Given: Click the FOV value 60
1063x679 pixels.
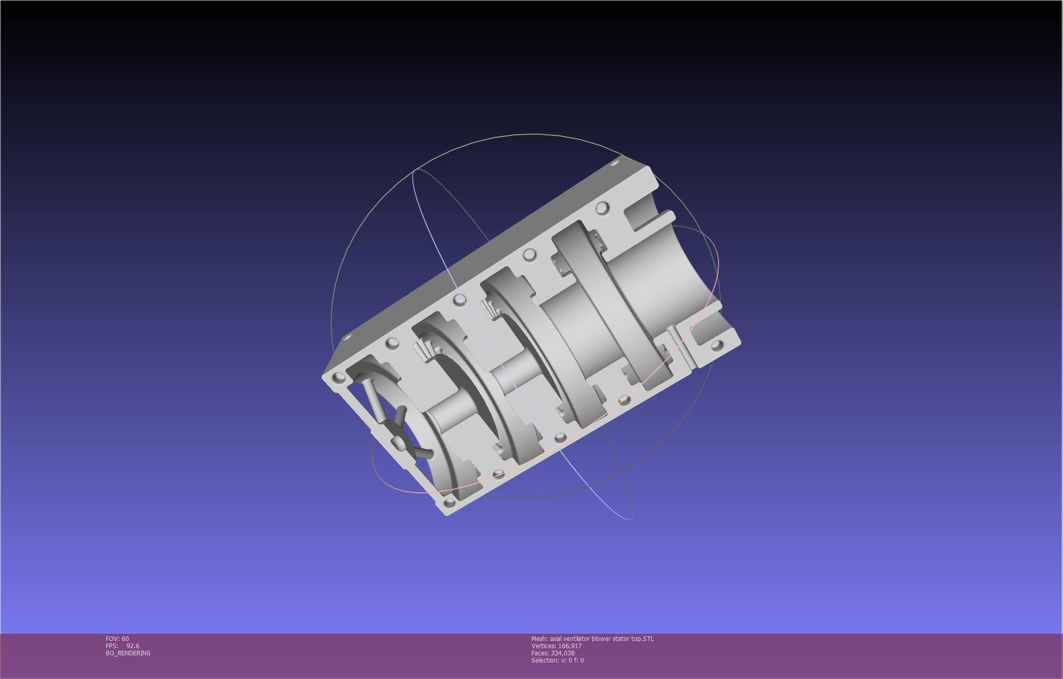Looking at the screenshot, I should click(x=125, y=638).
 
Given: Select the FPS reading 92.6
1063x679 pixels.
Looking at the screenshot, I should click(x=133, y=646).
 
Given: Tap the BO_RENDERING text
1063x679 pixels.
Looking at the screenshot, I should click(x=128, y=653).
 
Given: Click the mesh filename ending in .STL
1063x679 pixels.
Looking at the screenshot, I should click(x=601, y=638).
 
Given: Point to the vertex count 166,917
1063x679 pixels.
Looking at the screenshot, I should click(x=570, y=646).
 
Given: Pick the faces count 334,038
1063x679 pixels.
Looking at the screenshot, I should click(x=562, y=653).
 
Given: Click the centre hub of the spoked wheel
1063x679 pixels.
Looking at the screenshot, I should click(x=398, y=442).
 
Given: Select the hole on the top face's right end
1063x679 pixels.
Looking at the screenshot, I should click(x=615, y=163).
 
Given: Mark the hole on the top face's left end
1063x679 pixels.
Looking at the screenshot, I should click(x=346, y=338).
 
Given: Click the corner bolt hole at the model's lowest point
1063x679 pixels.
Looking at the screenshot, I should click(x=449, y=502).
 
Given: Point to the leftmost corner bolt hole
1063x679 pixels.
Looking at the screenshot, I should click(x=338, y=378).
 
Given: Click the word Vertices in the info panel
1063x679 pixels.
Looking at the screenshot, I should click(x=543, y=646).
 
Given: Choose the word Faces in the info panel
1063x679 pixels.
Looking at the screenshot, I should click(x=540, y=653).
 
